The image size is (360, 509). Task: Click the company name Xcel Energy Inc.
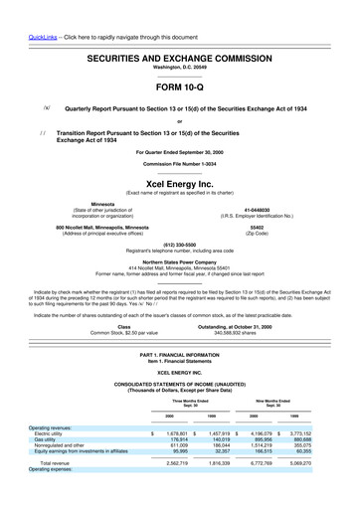180,183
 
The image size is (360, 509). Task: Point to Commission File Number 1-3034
180,162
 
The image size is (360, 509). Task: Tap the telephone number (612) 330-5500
180,245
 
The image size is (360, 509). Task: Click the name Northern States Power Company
180,261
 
